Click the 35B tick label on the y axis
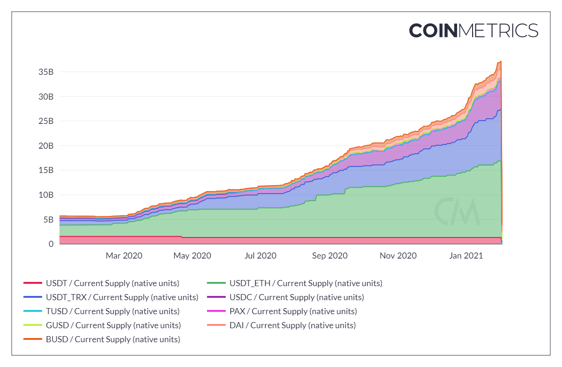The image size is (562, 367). (x=45, y=72)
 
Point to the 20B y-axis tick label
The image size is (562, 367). (x=45, y=145)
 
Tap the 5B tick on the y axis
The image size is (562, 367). (x=48, y=219)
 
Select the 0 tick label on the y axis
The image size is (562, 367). (x=51, y=244)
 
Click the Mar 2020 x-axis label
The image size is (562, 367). (x=124, y=256)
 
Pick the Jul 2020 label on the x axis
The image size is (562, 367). (x=260, y=256)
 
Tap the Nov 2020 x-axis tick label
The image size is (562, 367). (x=398, y=256)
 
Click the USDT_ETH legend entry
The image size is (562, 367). (x=305, y=283)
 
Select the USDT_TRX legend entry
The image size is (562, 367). (x=122, y=297)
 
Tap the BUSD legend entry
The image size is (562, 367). (x=112, y=339)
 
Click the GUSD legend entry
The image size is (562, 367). (x=113, y=325)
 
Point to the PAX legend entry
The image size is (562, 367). (x=293, y=311)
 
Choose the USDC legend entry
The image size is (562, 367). (x=296, y=297)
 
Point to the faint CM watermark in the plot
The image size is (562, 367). (x=457, y=212)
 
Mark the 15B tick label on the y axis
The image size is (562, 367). (x=45, y=170)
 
